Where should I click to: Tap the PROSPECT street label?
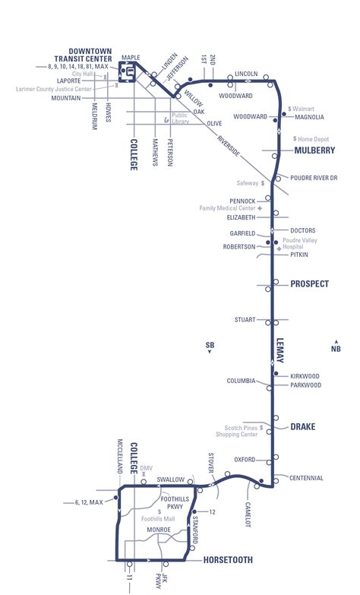[x=310, y=284]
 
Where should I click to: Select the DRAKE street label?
[x=302, y=426]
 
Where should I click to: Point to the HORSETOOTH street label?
[x=228, y=560]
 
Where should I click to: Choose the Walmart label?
[x=302, y=109]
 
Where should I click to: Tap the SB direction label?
[x=210, y=347]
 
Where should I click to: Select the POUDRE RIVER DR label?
[x=314, y=178]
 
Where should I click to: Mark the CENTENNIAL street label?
[x=306, y=478]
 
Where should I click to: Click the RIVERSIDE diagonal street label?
[x=228, y=146]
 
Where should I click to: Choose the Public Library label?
[x=180, y=119]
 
